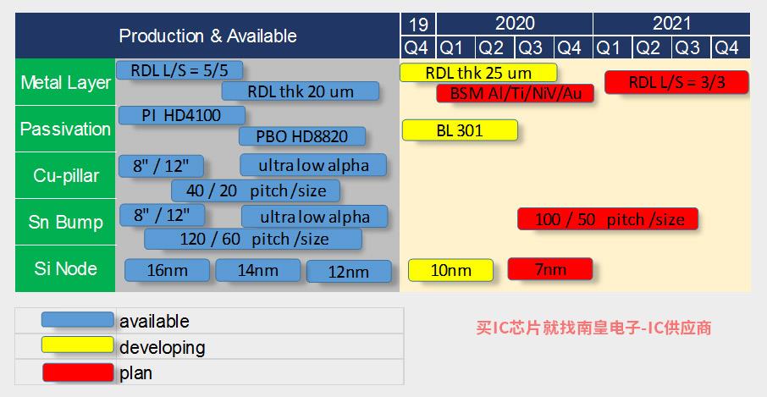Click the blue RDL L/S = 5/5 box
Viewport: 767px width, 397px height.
click(x=179, y=70)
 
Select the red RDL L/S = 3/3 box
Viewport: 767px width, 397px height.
click(x=676, y=82)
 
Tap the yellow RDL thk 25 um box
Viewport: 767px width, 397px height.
click(x=478, y=73)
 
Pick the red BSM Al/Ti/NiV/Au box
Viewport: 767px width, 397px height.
click(x=515, y=93)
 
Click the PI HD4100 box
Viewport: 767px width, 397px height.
click(x=182, y=115)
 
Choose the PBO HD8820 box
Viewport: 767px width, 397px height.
click(x=302, y=136)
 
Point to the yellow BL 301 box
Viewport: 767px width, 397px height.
click(x=460, y=130)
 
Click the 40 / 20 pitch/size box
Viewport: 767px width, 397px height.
click(x=256, y=190)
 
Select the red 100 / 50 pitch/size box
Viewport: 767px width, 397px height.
click(x=608, y=219)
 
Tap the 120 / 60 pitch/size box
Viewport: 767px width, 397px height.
click(x=253, y=239)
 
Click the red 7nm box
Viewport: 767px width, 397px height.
click(x=550, y=269)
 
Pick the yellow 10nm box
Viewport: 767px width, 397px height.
click(x=451, y=270)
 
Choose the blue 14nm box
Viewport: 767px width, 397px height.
click(x=258, y=270)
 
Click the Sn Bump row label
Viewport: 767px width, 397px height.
click(x=65, y=222)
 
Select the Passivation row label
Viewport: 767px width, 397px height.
click(x=65, y=129)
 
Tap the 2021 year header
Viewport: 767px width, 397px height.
click(x=671, y=24)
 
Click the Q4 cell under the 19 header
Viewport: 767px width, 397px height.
click(x=417, y=47)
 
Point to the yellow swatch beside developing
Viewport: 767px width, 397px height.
click(x=77, y=345)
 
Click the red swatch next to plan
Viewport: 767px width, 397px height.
click(x=77, y=372)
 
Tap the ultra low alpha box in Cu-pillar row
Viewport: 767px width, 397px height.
click(x=313, y=165)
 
